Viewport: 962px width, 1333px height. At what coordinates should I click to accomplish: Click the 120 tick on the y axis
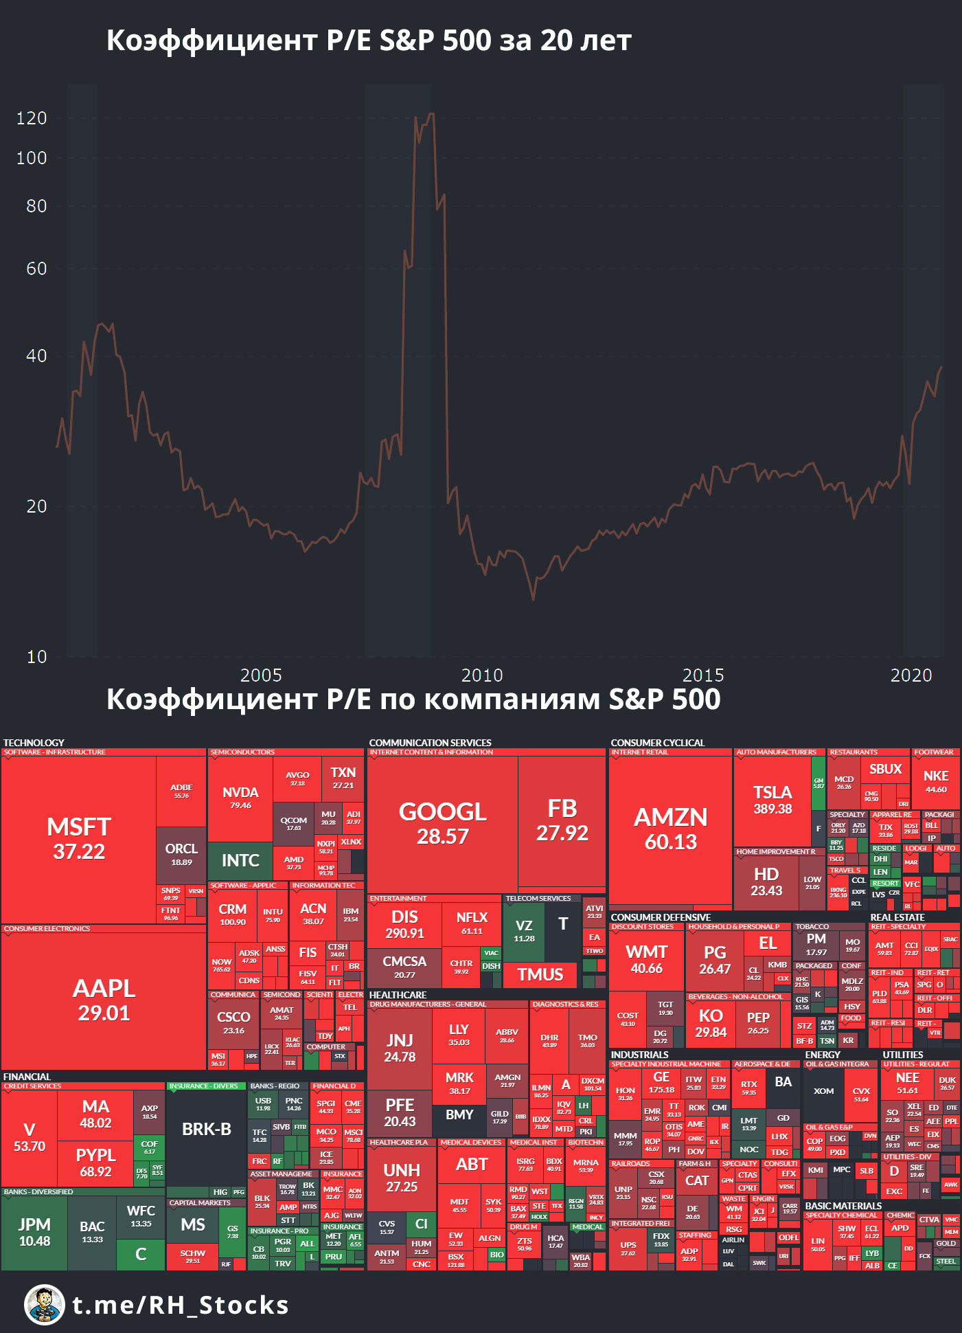click(32, 118)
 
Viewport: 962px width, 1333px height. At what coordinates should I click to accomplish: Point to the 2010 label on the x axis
click(482, 675)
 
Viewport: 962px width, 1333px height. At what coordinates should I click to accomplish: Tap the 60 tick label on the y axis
click(36, 269)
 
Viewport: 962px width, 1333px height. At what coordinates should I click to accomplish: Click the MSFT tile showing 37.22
click(79, 839)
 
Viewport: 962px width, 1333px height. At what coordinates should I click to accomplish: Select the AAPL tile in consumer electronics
click(104, 1000)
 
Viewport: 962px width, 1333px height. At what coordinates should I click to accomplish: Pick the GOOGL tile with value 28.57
click(442, 823)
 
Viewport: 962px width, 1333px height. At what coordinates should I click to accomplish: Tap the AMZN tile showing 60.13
click(670, 829)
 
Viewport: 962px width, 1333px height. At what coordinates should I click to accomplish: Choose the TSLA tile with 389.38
click(772, 800)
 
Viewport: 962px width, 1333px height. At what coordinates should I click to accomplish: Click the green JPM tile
click(34, 1232)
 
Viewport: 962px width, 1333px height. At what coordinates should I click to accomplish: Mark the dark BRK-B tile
click(206, 1130)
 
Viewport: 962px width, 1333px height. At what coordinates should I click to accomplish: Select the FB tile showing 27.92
click(562, 820)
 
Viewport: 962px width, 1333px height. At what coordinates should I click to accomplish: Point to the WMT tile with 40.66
click(646, 959)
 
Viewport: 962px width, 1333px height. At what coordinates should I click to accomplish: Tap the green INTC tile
click(240, 860)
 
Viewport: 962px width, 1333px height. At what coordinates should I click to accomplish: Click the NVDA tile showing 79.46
click(240, 798)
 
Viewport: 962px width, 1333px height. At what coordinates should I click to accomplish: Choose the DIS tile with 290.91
click(404, 924)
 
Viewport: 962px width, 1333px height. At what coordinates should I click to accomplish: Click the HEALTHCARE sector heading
click(398, 995)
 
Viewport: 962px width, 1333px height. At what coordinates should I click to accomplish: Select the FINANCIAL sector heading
click(27, 1077)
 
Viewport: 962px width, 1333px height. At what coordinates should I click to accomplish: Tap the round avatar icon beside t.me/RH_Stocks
click(45, 1305)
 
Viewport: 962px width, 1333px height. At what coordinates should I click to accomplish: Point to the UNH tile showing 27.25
click(402, 1178)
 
